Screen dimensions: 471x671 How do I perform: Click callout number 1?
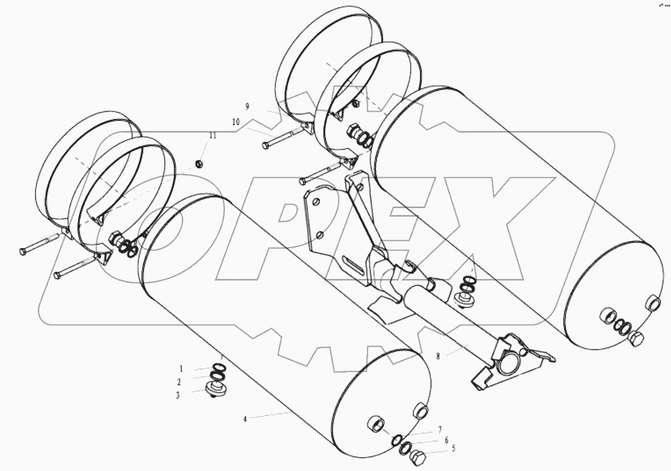pyautogui.click(x=181, y=368)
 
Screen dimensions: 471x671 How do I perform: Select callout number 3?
pyautogui.click(x=178, y=396)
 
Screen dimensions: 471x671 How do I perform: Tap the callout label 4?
pyautogui.click(x=245, y=419)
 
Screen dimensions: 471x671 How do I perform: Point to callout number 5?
pyautogui.click(x=453, y=449)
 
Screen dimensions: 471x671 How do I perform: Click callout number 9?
pyautogui.click(x=247, y=107)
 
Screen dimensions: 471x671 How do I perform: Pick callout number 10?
pyautogui.click(x=235, y=122)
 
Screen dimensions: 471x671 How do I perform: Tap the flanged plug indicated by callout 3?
pyautogui.click(x=217, y=389)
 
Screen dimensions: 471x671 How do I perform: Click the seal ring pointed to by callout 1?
pyautogui.click(x=218, y=367)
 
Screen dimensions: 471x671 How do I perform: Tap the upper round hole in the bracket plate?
pyautogui.click(x=317, y=202)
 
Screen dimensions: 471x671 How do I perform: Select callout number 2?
pyautogui.click(x=179, y=382)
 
